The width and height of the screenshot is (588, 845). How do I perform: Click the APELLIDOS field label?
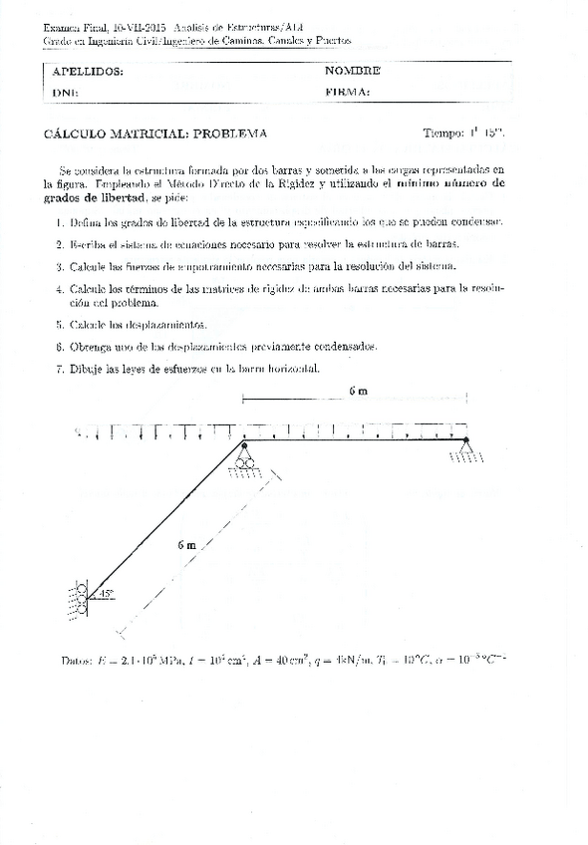88,72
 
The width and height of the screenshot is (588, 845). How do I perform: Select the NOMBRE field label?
352,71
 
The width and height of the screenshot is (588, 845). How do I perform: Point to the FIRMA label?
347,92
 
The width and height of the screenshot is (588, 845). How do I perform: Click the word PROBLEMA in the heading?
230,133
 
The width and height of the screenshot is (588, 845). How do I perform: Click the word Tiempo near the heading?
443,133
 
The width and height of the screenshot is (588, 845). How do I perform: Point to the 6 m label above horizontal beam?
358,392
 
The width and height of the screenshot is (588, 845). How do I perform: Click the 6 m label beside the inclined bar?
186,545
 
